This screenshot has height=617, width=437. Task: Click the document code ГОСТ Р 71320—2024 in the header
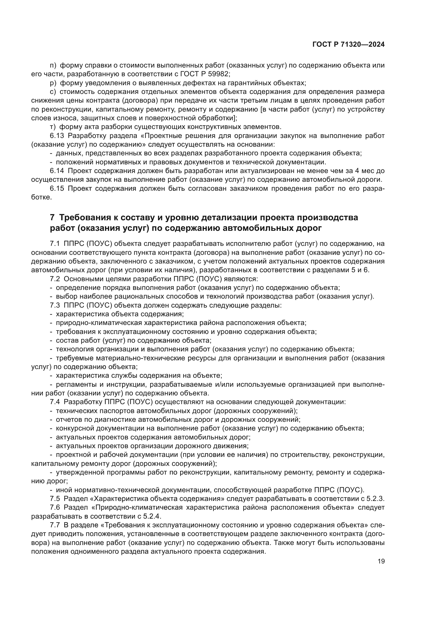pyautogui.click(x=348, y=45)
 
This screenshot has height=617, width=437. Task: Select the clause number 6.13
pyautogui.click(x=57, y=136)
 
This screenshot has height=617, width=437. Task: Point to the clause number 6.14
pyautogui.click(x=57, y=171)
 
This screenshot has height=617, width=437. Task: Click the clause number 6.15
pyautogui.click(x=57, y=188)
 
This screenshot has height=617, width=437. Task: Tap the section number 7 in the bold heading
pyautogui.click(x=53, y=217)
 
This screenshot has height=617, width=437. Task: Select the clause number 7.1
pyautogui.click(x=55, y=244)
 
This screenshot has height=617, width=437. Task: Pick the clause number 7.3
pyautogui.click(x=55, y=305)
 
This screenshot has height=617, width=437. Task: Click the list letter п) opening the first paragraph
pyautogui.click(x=53, y=65)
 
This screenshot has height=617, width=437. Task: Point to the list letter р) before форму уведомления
pyautogui.click(x=53, y=83)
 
